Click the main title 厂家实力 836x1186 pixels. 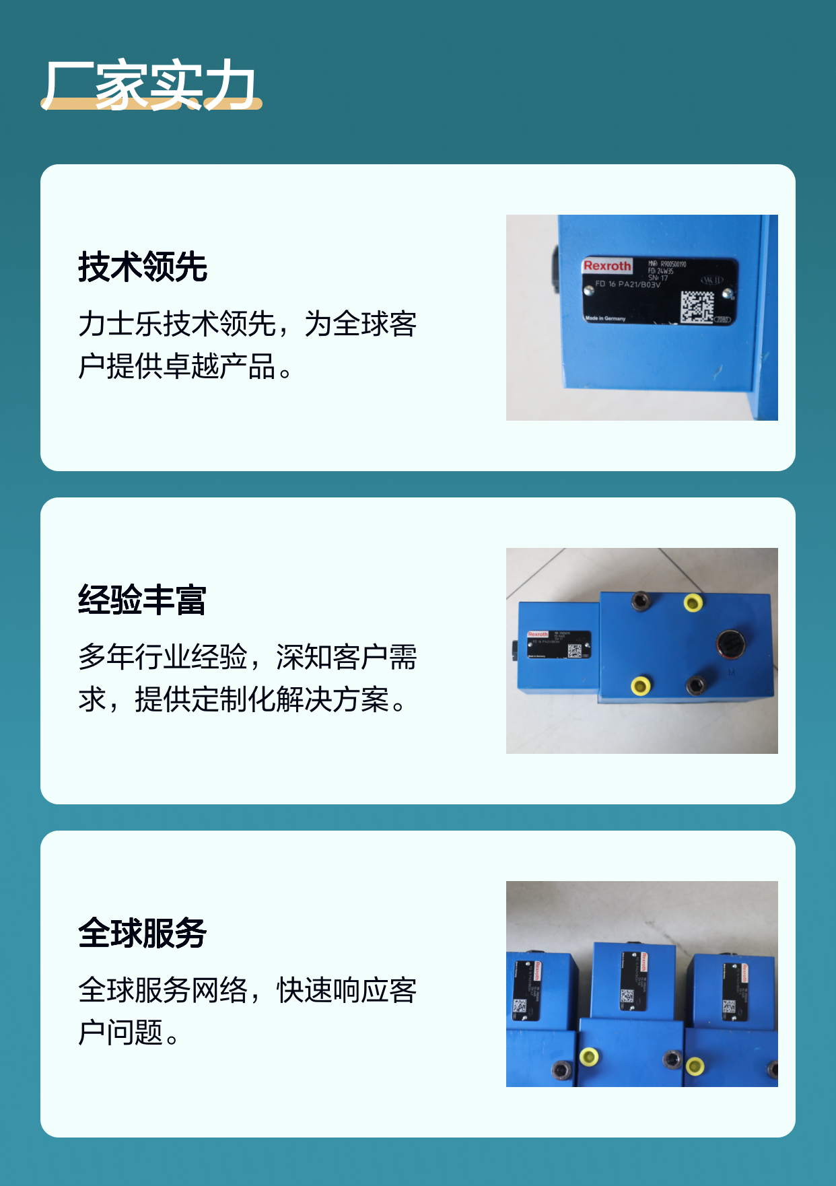[x=149, y=85]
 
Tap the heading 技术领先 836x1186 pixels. [x=143, y=267]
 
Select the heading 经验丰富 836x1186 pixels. [x=143, y=600]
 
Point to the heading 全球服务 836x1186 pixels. [x=143, y=933]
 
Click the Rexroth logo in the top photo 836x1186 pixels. [x=607, y=266]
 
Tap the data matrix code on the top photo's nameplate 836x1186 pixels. [x=696, y=307]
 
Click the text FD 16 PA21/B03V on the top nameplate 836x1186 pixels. [x=627, y=284]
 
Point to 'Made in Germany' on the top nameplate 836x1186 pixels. [x=605, y=318]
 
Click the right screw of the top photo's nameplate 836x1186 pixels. [x=727, y=293]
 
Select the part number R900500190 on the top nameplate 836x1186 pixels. [x=672, y=264]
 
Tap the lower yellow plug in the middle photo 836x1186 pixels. [x=640, y=686]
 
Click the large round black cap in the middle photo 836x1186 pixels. [x=730, y=644]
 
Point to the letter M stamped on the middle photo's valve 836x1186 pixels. [x=732, y=672]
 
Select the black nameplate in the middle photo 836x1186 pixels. [x=559, y=644]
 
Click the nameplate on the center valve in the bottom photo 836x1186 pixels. [x=633, y=981]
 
